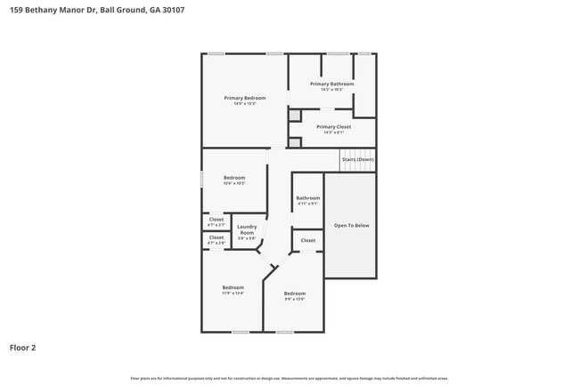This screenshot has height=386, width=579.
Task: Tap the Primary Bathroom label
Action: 332,84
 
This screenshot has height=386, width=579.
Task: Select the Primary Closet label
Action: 333,126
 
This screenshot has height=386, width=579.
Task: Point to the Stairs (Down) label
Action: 358,159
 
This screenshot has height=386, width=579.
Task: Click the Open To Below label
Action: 351,225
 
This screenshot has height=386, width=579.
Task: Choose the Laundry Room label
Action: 247,229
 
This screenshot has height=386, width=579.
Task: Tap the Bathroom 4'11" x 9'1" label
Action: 308,197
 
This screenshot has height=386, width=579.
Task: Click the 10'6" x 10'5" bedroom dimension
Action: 233,183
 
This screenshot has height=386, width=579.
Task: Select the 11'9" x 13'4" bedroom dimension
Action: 233,293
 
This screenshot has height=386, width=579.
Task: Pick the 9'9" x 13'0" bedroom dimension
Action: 295,299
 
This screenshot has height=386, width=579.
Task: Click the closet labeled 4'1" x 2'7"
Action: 216,224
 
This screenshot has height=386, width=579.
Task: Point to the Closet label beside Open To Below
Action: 308,240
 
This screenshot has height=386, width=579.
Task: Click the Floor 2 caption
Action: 22,347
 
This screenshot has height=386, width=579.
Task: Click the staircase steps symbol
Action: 357,166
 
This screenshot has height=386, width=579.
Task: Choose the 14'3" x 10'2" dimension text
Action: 332,89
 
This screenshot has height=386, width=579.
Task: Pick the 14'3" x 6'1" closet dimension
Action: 333,133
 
